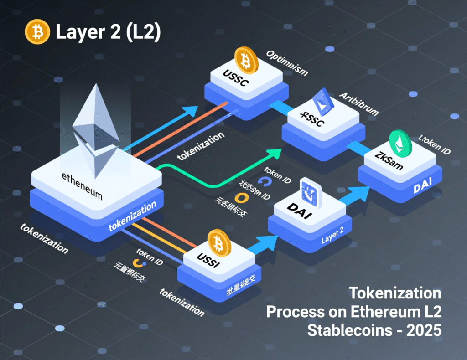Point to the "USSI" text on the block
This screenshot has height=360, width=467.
click(210, 262)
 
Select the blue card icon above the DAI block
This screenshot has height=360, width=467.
click(312, 192)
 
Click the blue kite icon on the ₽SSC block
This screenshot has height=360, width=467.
click(323, 101)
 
